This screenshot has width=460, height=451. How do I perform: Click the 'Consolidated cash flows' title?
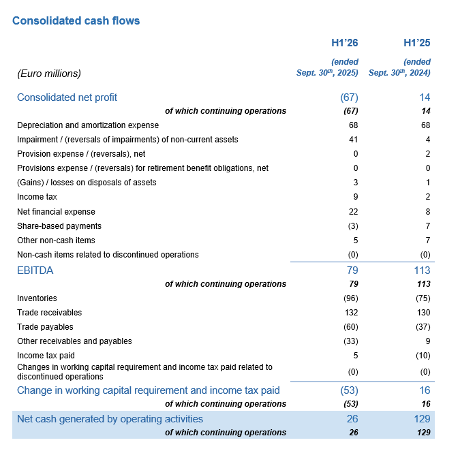tap(76, 20)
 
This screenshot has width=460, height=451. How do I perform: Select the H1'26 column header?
tap(344, 43)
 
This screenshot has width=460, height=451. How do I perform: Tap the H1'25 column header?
tap(416, 43)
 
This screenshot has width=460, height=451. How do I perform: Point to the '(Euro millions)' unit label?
tap(49, 73)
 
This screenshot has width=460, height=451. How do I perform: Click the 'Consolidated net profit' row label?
tap(67, 97)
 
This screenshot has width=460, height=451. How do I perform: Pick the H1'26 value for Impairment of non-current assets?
tap(353, 140)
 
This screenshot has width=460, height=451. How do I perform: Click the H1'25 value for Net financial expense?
tap(427, 212)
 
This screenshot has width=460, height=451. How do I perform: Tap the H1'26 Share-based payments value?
tap(352, 226)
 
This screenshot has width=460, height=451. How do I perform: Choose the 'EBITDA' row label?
tap(35, 270)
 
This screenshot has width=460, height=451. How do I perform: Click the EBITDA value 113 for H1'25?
tap(421, 270)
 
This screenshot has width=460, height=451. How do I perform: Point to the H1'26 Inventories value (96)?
tap(350, 298)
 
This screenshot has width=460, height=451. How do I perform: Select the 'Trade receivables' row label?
tap(49, 313)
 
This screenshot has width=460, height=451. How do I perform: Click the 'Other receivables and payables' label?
tap(74, 341)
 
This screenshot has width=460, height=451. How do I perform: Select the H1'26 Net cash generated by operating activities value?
tap(351, 419)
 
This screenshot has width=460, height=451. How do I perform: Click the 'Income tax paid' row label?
tap(46, 356)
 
